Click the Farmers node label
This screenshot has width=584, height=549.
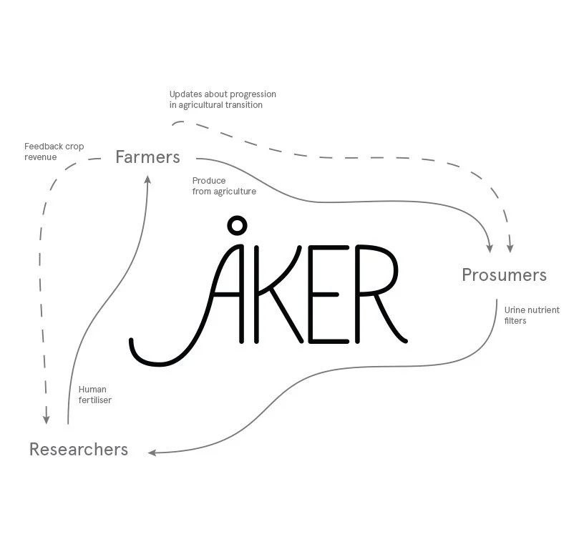(x=147, y=157)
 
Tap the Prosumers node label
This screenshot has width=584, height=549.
(x=504, y=275)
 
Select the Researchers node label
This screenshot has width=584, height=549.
(x=79, y=450)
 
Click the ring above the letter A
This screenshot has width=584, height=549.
(x=235, y=227)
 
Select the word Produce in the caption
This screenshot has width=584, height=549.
(x=209, y=181)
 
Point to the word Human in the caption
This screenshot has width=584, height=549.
(x=92, y=390)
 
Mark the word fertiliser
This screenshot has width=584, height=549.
(x=95, y=400)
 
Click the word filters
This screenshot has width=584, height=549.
(x=515, y=321)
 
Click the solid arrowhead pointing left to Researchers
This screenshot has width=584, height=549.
(x=152, y=452)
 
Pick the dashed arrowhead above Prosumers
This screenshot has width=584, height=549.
(x=510, y=247)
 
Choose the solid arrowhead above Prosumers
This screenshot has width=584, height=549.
(x=490, y=247)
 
